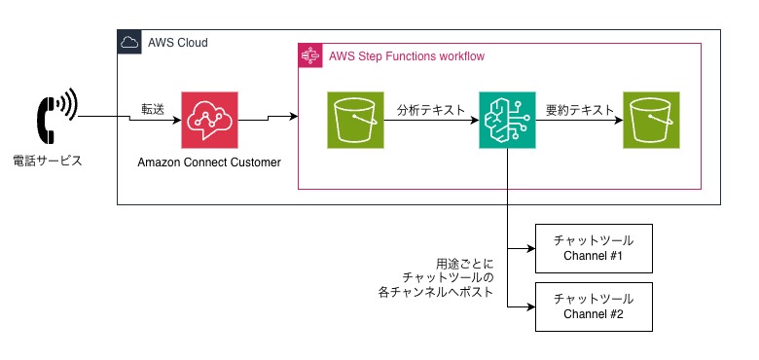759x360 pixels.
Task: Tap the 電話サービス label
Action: click(48, 162)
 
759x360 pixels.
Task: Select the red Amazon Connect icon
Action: click(209, 120)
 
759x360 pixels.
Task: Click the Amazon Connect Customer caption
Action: click(209, 162)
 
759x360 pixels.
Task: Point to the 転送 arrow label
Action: click(153, 109)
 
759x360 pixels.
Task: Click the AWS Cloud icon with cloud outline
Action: click(129, 42)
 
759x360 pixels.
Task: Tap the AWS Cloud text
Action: click(178, 43)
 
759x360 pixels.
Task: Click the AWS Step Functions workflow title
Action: click(407, 56)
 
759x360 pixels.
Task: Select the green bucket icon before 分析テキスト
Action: click(355, 120)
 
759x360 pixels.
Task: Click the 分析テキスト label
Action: click(431, 110)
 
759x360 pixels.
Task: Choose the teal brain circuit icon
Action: click(507, 120)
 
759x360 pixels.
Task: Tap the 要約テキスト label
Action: click(580, 110)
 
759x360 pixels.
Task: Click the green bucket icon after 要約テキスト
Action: click(651, 120)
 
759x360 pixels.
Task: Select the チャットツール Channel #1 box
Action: click(594, 248)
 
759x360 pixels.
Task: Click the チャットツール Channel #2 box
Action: click(594, 306)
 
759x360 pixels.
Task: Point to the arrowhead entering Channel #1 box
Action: click(531, 249)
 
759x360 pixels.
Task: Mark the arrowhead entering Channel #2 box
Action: click(531, 307)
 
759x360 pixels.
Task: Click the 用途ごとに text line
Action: click(465, 265)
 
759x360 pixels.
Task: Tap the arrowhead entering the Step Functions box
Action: click(293, 116)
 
